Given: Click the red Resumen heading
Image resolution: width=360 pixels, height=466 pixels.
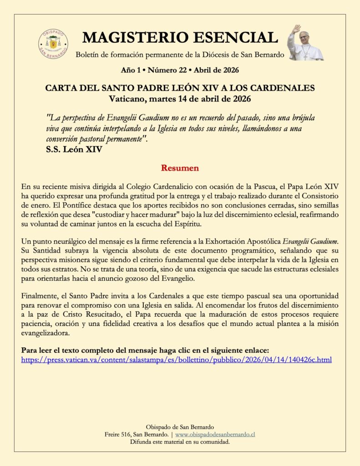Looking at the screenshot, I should point(180,168).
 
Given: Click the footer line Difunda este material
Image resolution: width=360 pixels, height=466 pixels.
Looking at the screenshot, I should point(180,442).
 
